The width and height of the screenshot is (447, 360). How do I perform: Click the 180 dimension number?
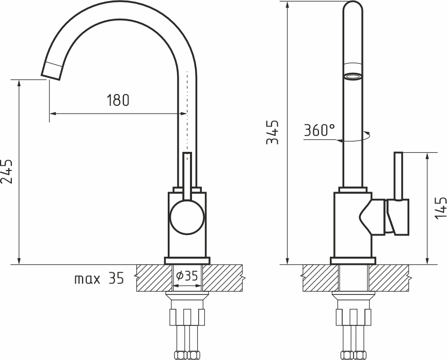tap(118, 100)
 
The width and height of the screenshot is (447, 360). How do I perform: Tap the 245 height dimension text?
tap(7, 171)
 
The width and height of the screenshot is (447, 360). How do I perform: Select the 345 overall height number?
tap(273, 132)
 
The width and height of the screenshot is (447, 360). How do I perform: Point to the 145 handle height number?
tap(440, 208)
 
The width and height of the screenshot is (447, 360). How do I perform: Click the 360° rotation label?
tap(320, 130)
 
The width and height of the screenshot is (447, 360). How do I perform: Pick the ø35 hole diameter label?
tap(187, 276)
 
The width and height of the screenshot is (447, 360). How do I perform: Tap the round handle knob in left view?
tap(187, 217)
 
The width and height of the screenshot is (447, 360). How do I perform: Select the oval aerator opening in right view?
tap(353, 76)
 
